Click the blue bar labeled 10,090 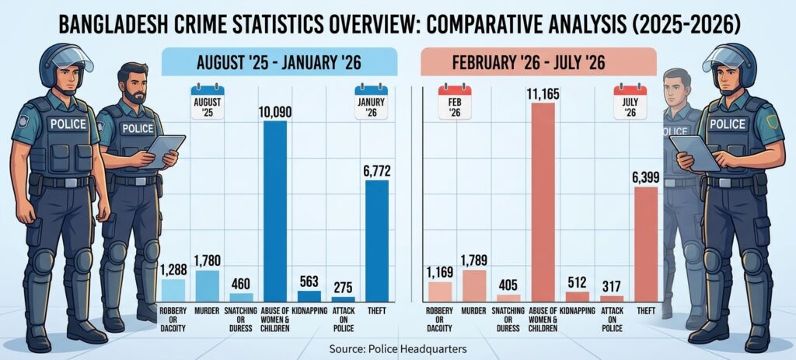[275, 211]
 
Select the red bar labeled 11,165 [543, 203]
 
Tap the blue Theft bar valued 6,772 [377, 241]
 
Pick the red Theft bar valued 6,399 [646, 244]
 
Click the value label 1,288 [173, 270]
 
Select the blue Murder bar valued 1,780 [207, 286]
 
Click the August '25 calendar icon [207, 102]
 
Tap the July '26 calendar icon [630, 102]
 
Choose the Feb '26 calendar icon [455, 102]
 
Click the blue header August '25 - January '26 [279, 62]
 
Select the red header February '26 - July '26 [539, 62]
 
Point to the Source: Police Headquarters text [397, 349]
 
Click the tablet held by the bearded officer [163, 150]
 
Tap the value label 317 [611, 287]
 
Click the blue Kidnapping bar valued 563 [309, 296]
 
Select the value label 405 [508, 285]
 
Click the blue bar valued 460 [241, 298]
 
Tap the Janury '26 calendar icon [371, 102]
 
